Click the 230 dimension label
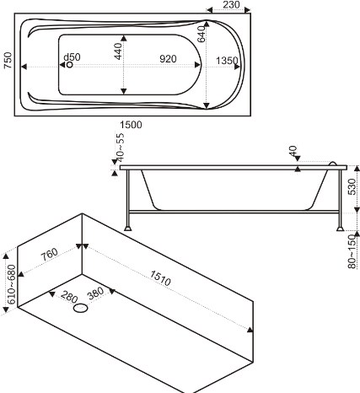[232, 4]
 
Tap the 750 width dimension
[8, 60]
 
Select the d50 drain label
[72, 57]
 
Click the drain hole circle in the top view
[69, 65]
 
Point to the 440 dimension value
[119, 51]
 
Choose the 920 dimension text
[168, 59]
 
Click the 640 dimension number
[201, 34]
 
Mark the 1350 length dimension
[227, 61]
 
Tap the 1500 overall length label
[131, 125]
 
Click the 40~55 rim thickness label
[120, 148]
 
